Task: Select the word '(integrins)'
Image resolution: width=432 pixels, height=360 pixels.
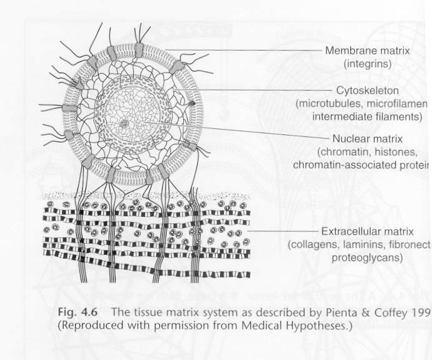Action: click(368, 63)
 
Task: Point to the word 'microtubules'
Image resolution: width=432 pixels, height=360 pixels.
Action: click(326, 104)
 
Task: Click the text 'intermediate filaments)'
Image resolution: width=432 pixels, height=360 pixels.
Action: click(368, 116)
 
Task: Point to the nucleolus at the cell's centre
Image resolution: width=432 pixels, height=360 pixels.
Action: click(125, 124)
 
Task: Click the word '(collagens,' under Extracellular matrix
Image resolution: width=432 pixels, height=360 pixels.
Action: click(313, 244)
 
